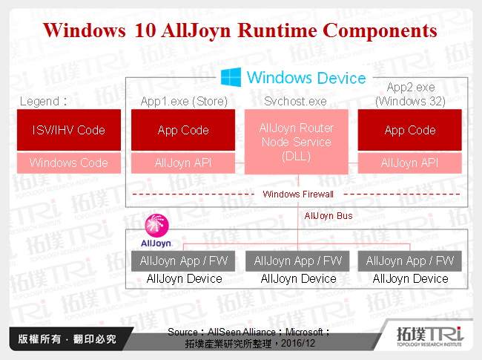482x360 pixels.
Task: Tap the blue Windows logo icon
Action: point(231,76)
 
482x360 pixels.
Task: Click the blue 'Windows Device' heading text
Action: point(306,77)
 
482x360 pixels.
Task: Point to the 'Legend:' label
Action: point(44,101)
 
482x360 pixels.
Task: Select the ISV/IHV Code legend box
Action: point(69,130)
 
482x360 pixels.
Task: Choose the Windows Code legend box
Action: point(69,163)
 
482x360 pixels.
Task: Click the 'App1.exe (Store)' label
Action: point(183,101)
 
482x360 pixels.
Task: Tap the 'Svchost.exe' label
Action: point(296,101)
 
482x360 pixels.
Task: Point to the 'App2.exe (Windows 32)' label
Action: point(409,95)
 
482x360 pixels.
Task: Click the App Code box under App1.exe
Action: point(183,130)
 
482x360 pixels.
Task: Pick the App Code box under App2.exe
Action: point(410,130)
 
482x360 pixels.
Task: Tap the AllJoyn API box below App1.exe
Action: point(183,163)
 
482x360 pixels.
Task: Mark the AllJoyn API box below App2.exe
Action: point(410,163)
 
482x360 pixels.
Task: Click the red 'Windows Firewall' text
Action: point(298,194)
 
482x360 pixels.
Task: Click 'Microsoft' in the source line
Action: point(303,332)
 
